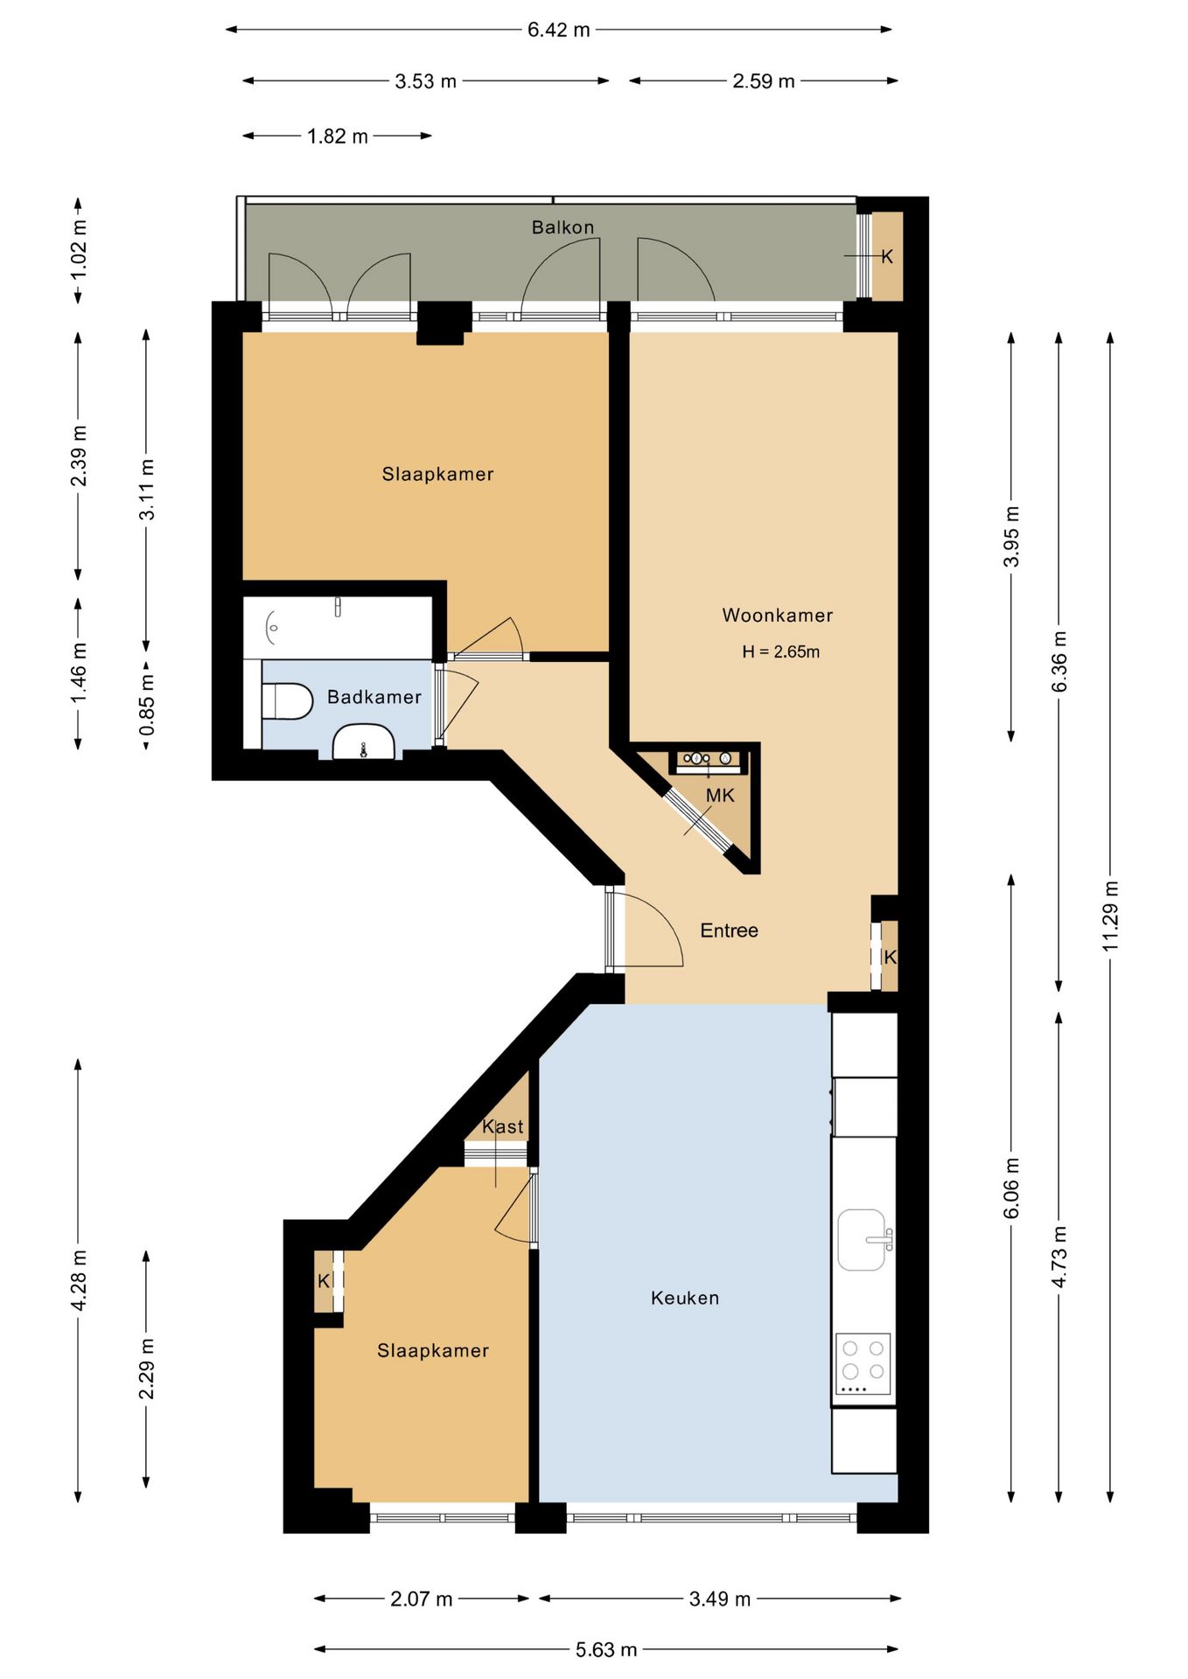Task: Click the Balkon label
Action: point(563,227)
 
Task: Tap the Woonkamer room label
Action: point(777,615)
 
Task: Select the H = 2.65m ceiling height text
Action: point(780,651)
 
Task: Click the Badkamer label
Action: point(374,697)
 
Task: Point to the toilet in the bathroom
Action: point(288,701)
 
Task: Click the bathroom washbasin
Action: point(363,742)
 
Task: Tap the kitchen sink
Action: point(863,1239)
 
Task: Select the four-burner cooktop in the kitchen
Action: point(863,1363)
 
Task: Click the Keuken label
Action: point(685,1298)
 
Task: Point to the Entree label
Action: point(729,930)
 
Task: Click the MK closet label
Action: point(720,796)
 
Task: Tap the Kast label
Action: point(503,1127)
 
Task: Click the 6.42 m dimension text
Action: point(559,30)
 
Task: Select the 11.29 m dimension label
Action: point(1110,916)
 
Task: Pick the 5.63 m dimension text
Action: point(606,1650)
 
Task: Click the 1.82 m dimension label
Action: point(338,136)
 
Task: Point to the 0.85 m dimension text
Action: point(147,705)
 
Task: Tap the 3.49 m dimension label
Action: point(720,1599)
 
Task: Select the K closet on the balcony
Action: point(887,257)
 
